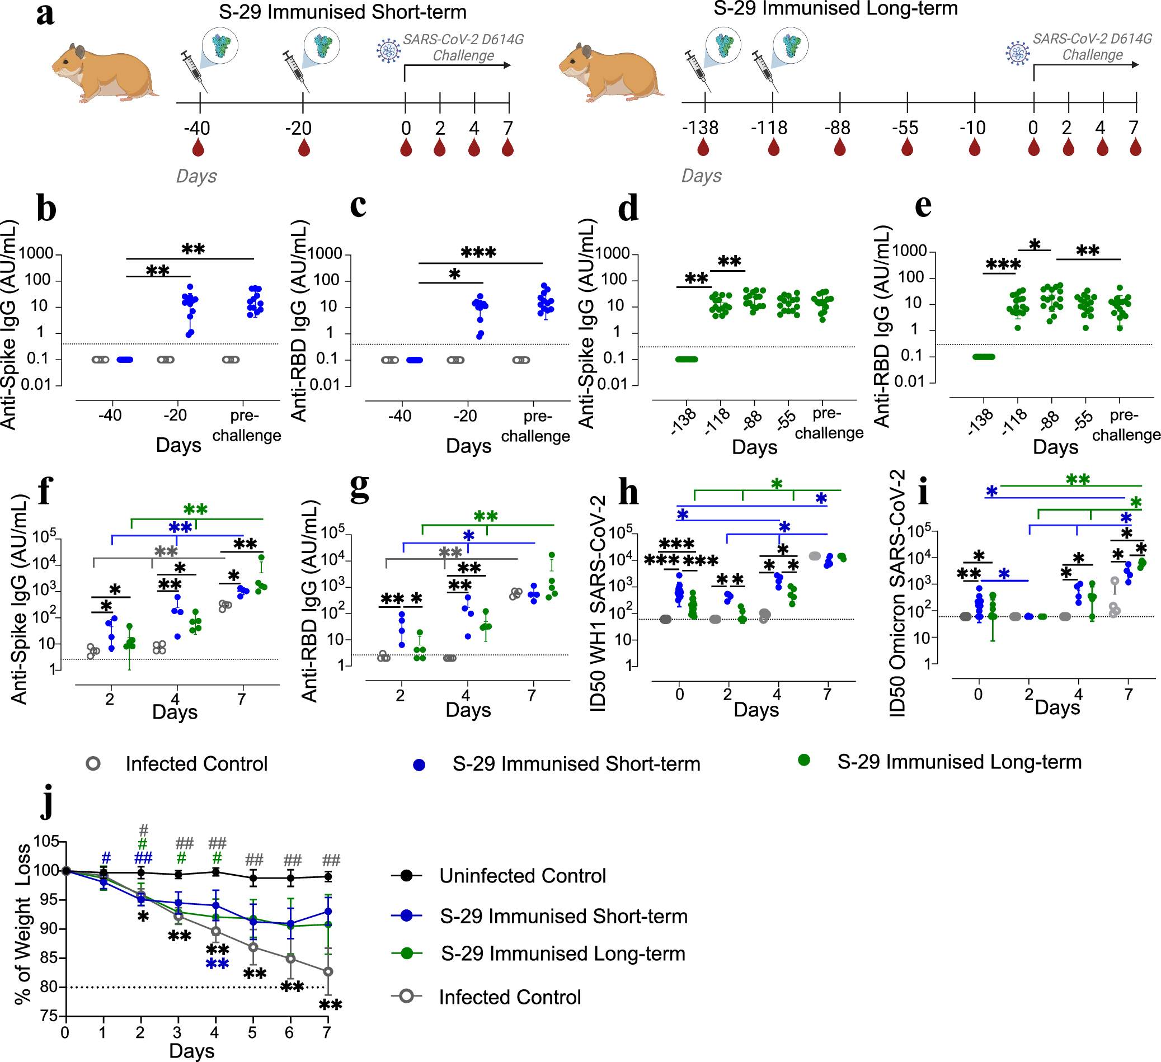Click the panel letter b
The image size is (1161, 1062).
(x=46, y=208)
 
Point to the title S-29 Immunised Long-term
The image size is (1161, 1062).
(x=835, y=9)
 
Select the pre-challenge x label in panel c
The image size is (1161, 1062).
(x=535, y=426)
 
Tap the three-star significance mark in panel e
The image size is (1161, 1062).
(x=1003, y=265)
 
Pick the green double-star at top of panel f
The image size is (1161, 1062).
(x=195, y=509)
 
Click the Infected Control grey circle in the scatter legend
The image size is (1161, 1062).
(x=93, y=764)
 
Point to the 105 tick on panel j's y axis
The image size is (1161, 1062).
(x=46, y=842)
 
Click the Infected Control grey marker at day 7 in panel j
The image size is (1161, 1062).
(x=328, y=971)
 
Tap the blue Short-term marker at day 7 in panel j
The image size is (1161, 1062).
(x=328, y=911)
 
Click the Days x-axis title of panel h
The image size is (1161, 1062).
(x=756, y=710)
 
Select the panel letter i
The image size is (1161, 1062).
(x=923, y=491)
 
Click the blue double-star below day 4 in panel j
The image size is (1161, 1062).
(x=217, y=964)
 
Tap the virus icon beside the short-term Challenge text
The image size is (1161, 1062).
(x=388, y=51)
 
